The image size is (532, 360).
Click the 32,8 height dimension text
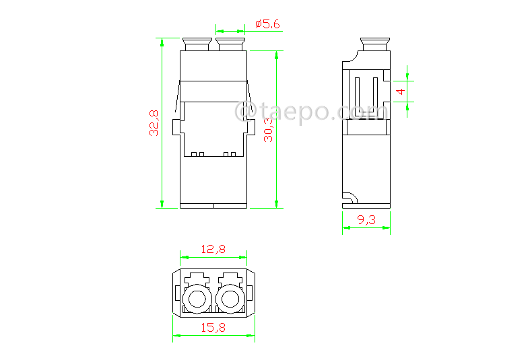(x=154, y=123)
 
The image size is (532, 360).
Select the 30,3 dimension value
(x=268, y=128)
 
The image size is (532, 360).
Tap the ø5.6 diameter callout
(x=267, y=24)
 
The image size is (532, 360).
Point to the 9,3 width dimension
(x=366, y=219)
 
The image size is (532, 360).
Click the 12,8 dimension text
(x=213, y=249)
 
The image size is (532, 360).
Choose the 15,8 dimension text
(x=213, y=327)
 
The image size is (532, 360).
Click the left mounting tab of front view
(x=177, y=127)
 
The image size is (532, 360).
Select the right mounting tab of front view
(x=251, y=127)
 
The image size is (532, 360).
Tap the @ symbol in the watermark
(x=244, y=110)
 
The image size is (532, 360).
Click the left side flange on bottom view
(x=176, y=293)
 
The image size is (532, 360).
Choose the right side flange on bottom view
(x=251, y=293)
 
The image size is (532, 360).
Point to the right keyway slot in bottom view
(x=230, y=277)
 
